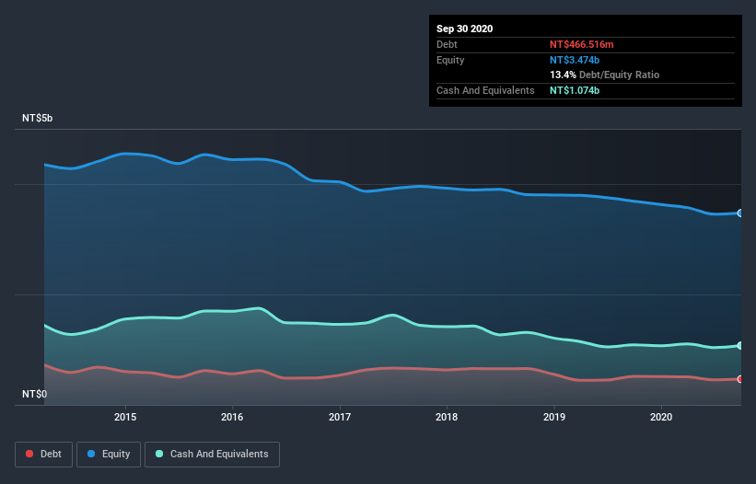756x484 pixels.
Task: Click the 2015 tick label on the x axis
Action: (125, 416)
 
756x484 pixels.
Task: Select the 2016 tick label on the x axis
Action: (232, 416)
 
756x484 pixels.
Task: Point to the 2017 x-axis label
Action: (340, 416)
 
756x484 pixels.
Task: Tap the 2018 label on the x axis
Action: (447, 416)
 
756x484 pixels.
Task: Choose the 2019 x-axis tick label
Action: (554, 416)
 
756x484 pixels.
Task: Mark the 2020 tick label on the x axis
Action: (661, 416)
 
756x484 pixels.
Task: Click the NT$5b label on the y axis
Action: (38, 119)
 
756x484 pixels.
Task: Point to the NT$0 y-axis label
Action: (35, 394)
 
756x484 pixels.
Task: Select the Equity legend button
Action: (109, 454)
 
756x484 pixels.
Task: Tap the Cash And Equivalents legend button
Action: (212, 454)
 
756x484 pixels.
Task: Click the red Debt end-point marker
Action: (740, 378)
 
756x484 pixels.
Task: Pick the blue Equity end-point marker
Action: (740, 213)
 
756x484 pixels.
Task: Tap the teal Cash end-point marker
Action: (740, 346)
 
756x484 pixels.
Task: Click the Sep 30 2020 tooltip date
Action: (464, 29)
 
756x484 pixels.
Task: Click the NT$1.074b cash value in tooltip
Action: (576, 90)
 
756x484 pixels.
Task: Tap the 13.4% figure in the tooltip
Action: (563, 75)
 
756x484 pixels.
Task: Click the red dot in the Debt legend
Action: (30, 454)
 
